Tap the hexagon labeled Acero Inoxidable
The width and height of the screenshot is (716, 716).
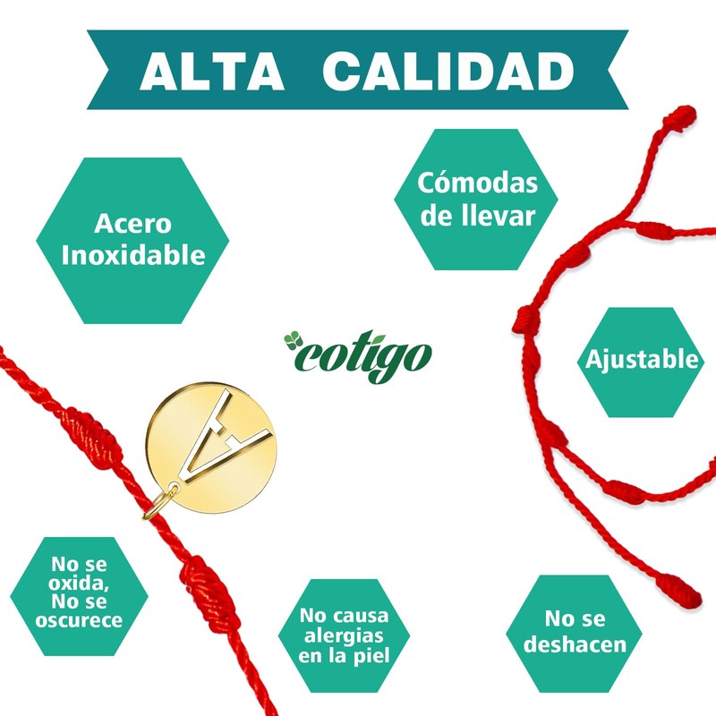(x=133, y=239)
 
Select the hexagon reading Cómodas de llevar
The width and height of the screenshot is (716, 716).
(x=477, y=200)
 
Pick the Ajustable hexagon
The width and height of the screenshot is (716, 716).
(x=642, y=361)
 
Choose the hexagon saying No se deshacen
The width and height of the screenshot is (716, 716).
(x=586, y=631)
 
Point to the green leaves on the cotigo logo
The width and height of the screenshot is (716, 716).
(x=294, y=340)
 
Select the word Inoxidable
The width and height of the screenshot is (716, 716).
(x=133, y=255)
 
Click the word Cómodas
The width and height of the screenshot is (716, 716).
(x=478, y=183)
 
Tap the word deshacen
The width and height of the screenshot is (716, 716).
(x=586, y=644)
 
